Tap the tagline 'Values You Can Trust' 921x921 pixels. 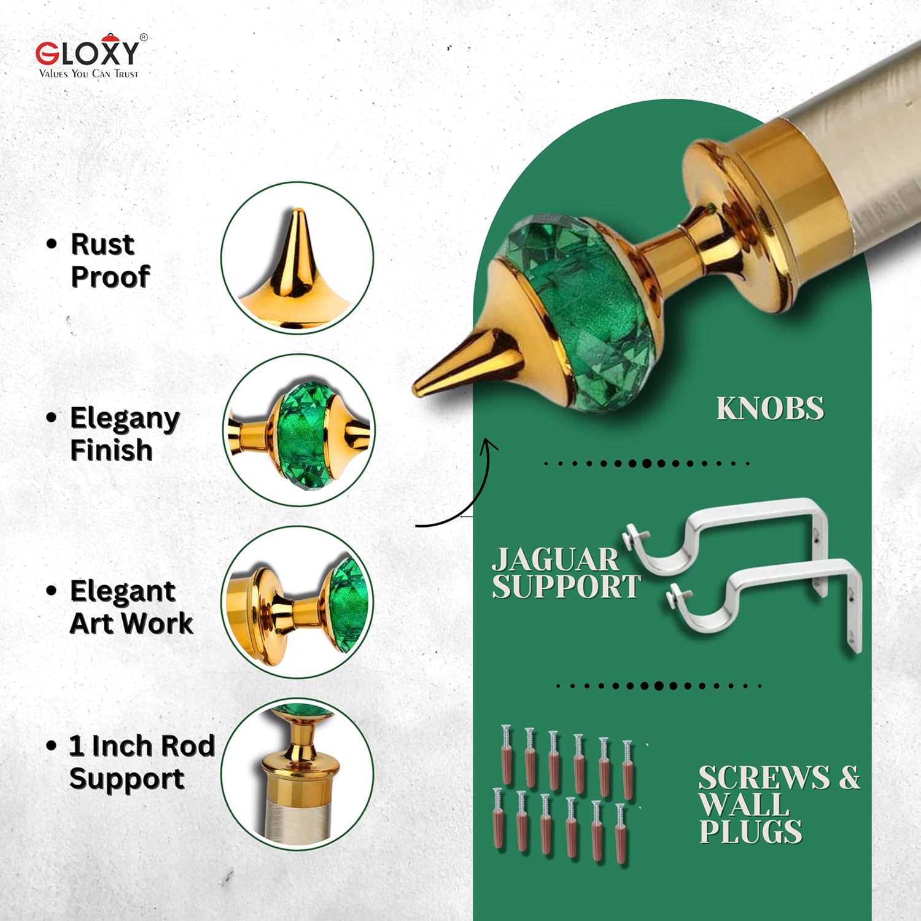click(89, 74)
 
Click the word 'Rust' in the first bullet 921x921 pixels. click(103, 244)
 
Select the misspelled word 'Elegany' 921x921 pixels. click(125, 419)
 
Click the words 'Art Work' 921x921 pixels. click(131, 623)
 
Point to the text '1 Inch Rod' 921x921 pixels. click(142, 747)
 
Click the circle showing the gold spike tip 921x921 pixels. click(297, 258)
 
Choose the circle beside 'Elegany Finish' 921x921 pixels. click(299, 430)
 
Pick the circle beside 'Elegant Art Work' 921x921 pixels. click(297, 602)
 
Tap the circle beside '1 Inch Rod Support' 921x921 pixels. click(297, 775)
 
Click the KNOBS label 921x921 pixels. click(770, 409)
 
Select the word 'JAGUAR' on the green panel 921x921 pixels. click(556, 559)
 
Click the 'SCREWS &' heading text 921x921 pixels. click(779, 777)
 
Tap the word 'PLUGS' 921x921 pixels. click(750, 832)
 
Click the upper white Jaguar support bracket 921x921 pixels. click(725, 534)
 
